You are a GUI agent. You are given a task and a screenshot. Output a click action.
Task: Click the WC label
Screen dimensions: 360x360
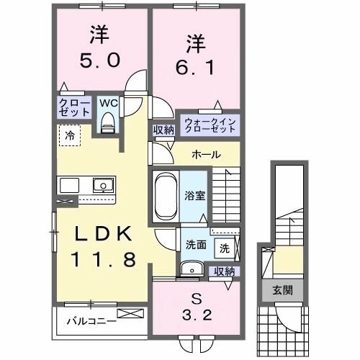tap(107, 103)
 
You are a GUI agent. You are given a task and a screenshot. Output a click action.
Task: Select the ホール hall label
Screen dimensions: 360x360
tap(206, 155)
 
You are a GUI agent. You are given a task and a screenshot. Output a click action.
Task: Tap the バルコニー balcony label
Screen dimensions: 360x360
tap(91, 319)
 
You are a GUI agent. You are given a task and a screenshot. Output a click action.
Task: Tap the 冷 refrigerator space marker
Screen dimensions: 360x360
tap(71, 134)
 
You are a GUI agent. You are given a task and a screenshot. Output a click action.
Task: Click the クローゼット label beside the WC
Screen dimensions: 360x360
tap(74, 109)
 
